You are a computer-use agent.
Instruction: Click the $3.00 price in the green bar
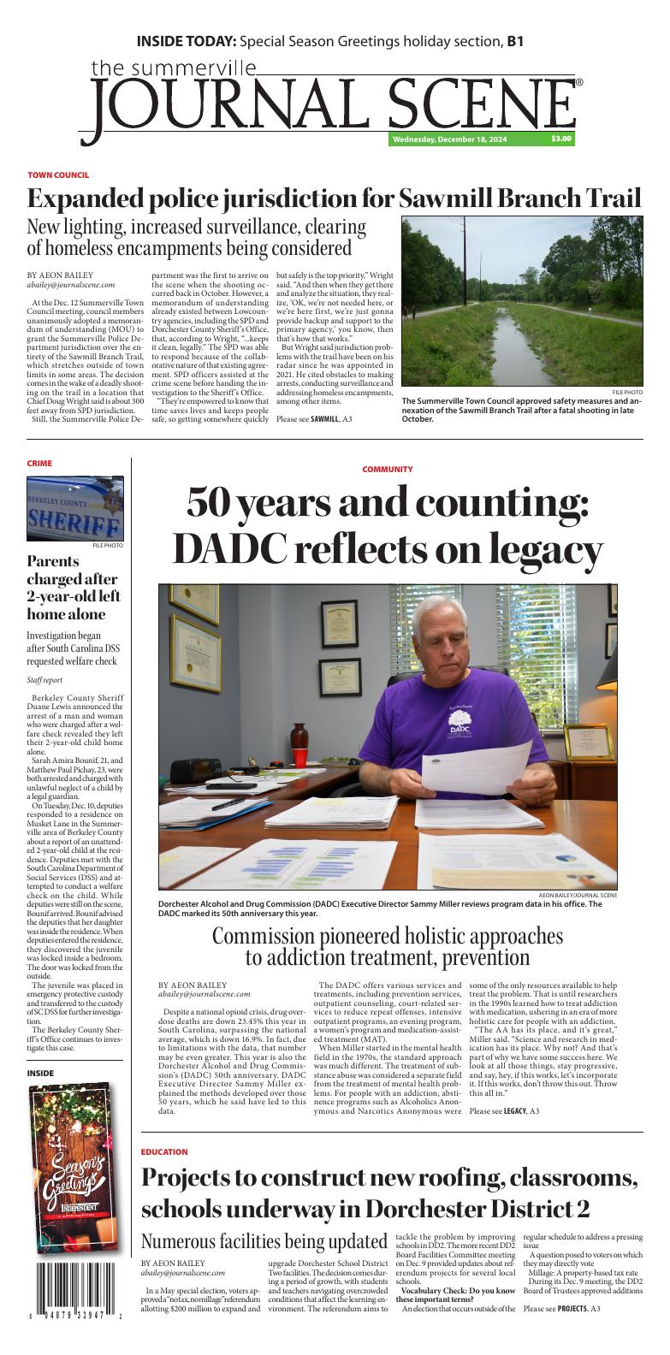point(561,139)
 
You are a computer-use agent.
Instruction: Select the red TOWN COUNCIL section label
point(58,175)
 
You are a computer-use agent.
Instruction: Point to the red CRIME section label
point(39,463)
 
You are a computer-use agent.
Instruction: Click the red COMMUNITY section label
point(387,470)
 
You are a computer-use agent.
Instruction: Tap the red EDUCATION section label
point(164,1152)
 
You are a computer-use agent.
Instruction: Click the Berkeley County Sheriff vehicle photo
point(75,508)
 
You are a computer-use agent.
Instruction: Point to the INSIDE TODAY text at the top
point(187,41)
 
